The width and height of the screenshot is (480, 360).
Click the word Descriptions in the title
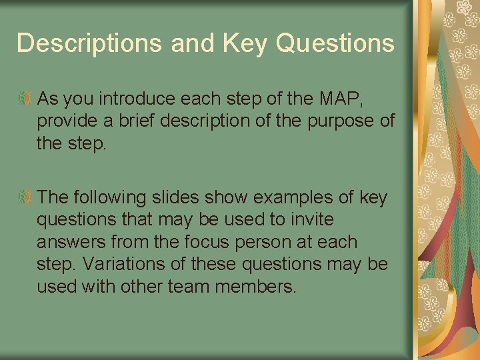pos(89,43)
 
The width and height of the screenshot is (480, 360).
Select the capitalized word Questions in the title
pos(335,43)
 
